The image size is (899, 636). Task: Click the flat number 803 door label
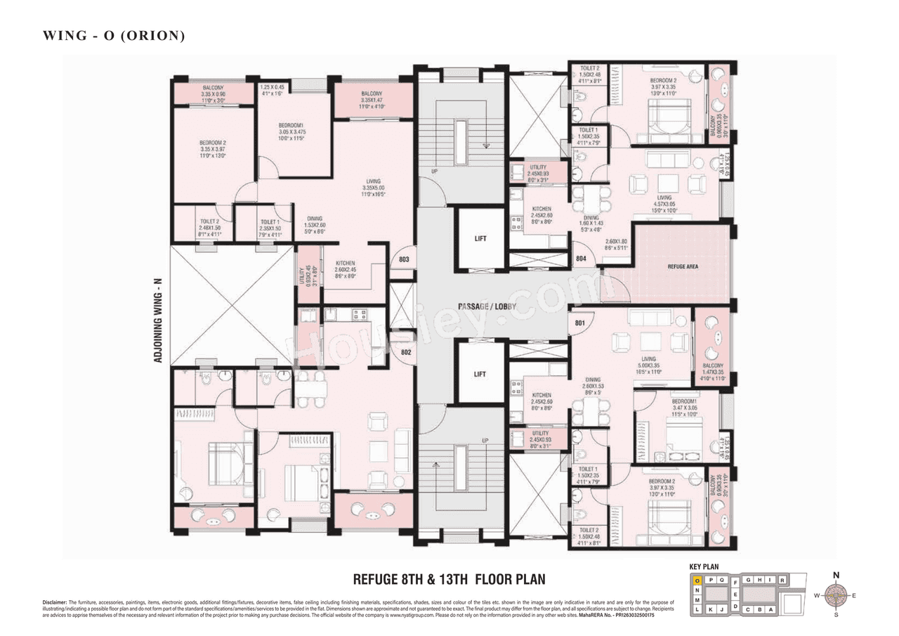coord(403,260)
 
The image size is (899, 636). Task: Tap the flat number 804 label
coord(581,259)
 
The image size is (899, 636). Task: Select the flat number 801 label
coord(580,324)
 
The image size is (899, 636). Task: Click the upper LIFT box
coord(480,239)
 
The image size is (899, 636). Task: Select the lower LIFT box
coord(480,374)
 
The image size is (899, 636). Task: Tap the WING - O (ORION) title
coord(114,35)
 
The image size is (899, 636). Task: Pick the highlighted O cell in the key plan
coord(697,580)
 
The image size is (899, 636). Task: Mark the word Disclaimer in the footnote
coord(54,602)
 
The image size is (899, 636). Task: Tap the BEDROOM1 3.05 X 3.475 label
coord(291,135)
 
